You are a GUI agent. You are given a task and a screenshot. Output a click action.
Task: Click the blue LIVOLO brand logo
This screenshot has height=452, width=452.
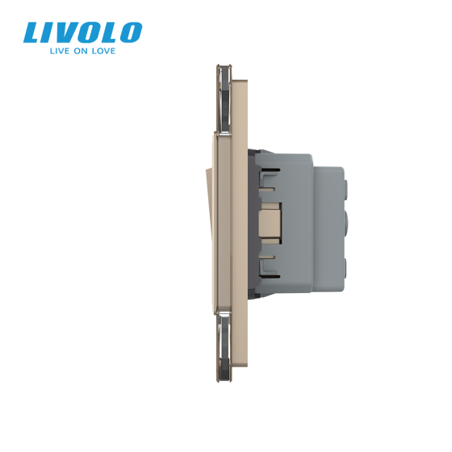[x=82, y=33]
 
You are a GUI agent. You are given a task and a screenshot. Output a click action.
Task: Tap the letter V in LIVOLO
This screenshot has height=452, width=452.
[x=66, y=33]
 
